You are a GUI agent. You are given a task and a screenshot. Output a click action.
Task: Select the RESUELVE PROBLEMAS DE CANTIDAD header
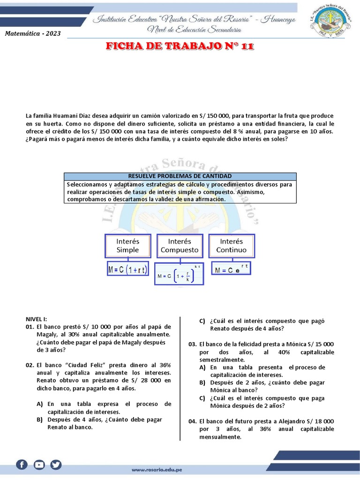[x=180, y=176]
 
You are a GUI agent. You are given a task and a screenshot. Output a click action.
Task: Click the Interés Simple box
[x=127, y=246]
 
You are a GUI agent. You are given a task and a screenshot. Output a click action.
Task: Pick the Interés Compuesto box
[x=180, y=246]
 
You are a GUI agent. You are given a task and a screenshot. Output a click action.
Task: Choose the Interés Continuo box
[x=231, y=246]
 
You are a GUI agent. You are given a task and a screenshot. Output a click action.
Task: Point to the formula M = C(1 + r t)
[x=127, y=270]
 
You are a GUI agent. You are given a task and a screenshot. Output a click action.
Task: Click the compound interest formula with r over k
[x=180, y=276]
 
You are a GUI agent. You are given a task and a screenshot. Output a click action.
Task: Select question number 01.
[x=30, y=327]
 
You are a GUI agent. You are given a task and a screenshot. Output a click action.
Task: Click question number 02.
[x=30, y=365]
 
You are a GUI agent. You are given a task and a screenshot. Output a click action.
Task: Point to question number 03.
[x=193, y=344]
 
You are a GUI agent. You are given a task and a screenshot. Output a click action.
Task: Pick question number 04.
[x=193, y=421]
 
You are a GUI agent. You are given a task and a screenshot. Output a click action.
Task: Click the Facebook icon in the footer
[x=22, y=465]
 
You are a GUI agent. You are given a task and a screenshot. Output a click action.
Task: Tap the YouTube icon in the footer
[x=39, y=465]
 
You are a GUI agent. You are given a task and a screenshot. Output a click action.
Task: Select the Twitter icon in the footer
[x=56, y=465]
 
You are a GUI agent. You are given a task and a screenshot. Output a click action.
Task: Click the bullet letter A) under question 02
[x=39, y=404]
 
